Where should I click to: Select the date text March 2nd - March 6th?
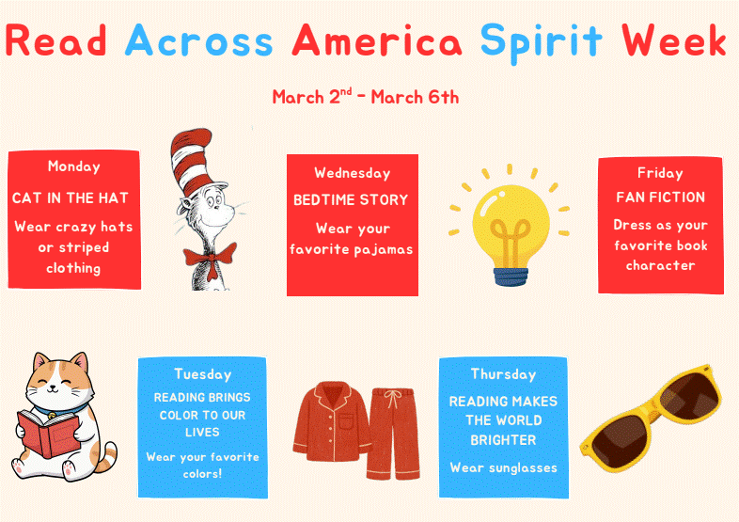[x=365, y=96]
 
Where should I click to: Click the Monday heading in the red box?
[x=73, y=166]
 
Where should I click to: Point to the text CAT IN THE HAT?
[x=70, y=198]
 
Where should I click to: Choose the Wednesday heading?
[x=352, y=173]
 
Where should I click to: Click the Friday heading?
[x=660, y=173]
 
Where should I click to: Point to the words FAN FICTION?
[x=660, y=198]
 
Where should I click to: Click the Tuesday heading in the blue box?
[x=202, y=374]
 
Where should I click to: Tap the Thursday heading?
[x=503, y=374]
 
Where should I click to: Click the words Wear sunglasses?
[x=503, y=467]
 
